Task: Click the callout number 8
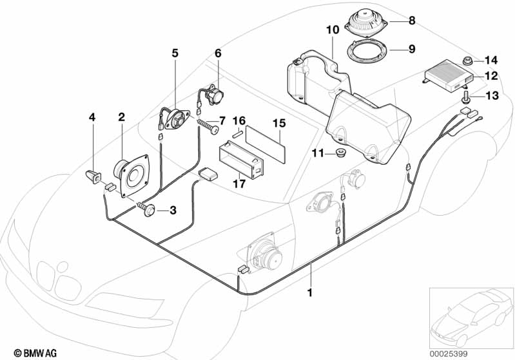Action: pos(411,21)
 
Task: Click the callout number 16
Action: pos(238,120)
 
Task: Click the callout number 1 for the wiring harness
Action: pos(311,291)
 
